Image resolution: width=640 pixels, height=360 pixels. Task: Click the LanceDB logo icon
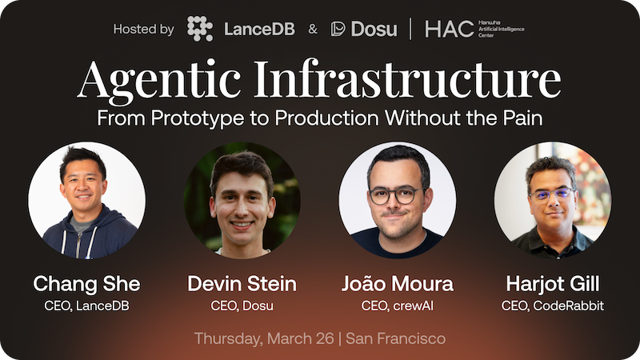click(x=200, y=29)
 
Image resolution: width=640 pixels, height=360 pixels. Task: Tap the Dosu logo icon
click(x=338, y=29)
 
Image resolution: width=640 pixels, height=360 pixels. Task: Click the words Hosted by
click(x=143, y=30)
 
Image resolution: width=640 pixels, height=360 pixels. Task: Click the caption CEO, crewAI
click(x=397, y=305)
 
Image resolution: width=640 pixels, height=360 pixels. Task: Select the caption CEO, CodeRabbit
click(x=553, y=305)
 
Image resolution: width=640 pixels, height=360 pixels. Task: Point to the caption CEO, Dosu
click(x=242, y=305)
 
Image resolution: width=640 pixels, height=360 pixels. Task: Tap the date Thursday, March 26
click(x=263, y=338)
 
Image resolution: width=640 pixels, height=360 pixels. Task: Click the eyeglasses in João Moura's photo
click(x=396, y=194)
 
